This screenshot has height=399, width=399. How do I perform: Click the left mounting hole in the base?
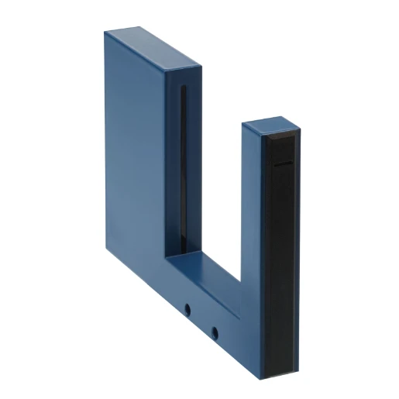(x=187, y=310)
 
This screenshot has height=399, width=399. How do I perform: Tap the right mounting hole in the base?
(x=215, y=334)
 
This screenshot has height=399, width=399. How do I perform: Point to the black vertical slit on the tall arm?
(x=184, y=170)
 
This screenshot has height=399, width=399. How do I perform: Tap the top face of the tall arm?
(x=154, y=49)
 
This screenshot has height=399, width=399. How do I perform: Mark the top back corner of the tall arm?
(x=105, y=31)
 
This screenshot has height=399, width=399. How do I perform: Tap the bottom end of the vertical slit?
(x=184, y=253)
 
